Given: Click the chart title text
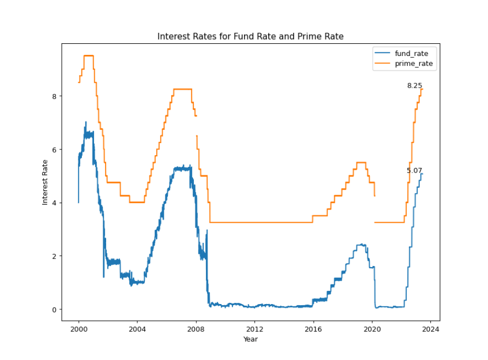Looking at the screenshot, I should (251, 36).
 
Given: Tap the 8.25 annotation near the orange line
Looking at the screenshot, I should (414, 86).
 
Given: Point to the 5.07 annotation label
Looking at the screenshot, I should (414, 170).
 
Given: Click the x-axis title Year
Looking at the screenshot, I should (250, 339).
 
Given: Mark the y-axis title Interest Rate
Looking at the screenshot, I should (45, 182).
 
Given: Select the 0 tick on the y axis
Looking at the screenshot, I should (54, 309).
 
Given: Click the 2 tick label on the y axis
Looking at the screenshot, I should (54, 256).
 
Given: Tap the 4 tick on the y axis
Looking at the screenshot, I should (54, 203).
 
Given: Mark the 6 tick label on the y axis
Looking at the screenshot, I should (54, 149).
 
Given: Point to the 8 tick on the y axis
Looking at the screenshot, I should (54, 96).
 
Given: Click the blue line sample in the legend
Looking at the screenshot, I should (383, 53).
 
